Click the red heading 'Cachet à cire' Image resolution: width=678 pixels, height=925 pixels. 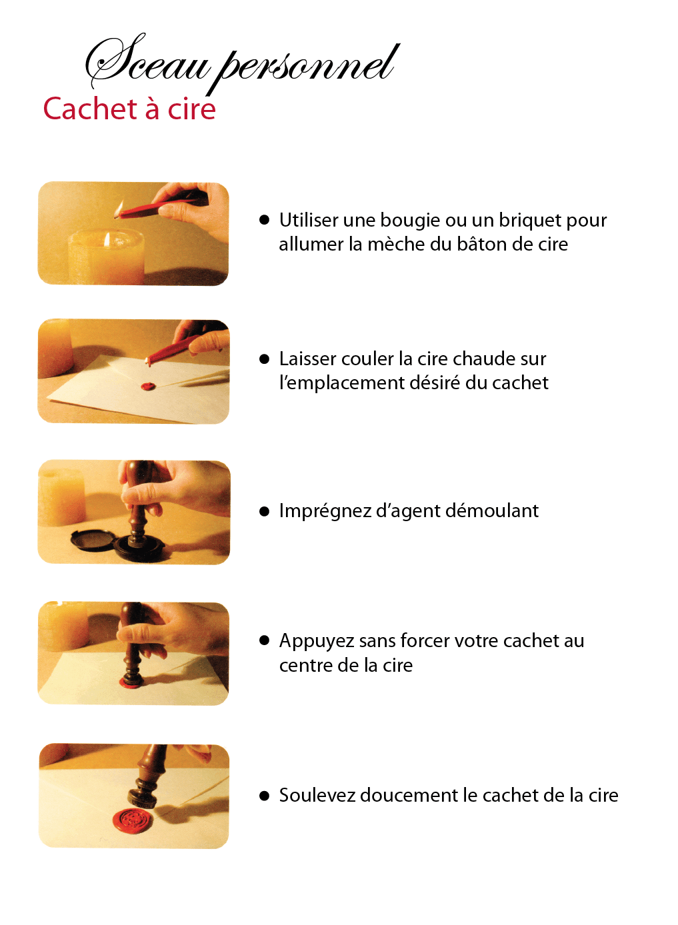129,109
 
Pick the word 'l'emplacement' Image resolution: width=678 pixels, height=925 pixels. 342,383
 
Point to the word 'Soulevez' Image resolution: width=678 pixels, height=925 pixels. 317,795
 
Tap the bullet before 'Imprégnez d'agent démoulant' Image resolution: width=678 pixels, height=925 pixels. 264,512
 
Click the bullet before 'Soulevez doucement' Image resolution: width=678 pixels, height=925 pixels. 264,796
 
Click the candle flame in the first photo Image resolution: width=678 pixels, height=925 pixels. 107,239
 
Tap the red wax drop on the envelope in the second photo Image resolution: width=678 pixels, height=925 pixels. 148,387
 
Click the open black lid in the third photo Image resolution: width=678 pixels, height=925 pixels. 92,539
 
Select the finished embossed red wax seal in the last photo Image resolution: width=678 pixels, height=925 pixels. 132,820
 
